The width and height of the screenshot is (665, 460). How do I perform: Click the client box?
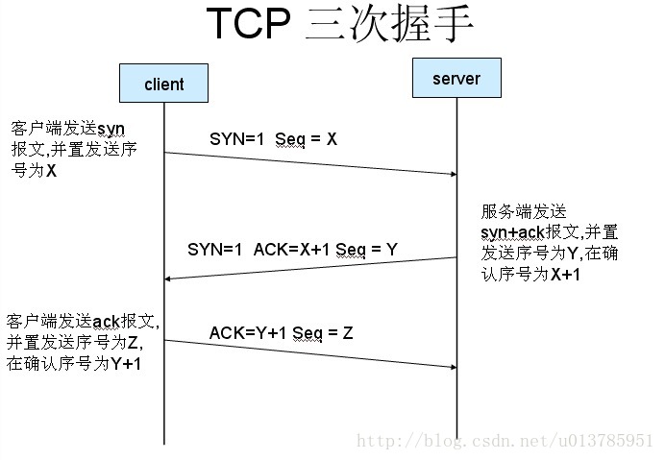(163, 84)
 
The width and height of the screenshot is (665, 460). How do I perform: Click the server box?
(456, 77)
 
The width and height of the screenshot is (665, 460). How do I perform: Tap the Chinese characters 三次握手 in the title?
(388, 27)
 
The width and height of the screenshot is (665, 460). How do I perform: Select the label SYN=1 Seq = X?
(273, 139)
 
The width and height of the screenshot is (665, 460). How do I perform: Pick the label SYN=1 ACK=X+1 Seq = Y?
(292, 249)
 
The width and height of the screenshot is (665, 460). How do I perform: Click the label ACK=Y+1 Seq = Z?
(281, 333)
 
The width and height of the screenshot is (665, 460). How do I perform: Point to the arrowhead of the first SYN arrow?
(450, 174)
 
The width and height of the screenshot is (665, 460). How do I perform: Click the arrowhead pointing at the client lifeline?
(171, 278)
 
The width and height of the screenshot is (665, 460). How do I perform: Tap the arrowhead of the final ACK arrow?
(450, 367)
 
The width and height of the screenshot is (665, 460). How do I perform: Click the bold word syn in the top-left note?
(112, 128)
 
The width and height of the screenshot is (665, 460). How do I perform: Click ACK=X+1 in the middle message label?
(290, 249)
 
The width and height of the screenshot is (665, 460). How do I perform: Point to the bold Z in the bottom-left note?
(137, 343)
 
